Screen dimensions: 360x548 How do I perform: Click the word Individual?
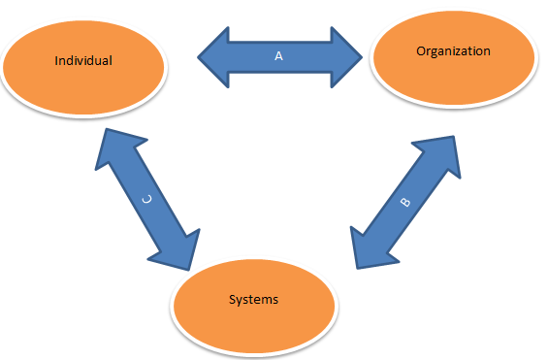coord(83,60)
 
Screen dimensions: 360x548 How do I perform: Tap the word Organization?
coord(453,50)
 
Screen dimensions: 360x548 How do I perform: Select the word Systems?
coord(254,299)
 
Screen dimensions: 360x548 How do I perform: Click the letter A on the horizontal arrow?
coord(278,56)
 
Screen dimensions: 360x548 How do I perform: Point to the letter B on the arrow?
coord(405,205)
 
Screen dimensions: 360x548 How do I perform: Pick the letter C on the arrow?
coord(146,198)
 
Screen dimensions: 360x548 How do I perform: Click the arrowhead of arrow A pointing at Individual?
coord(214,57)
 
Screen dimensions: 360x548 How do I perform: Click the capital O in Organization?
coord(420,50)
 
